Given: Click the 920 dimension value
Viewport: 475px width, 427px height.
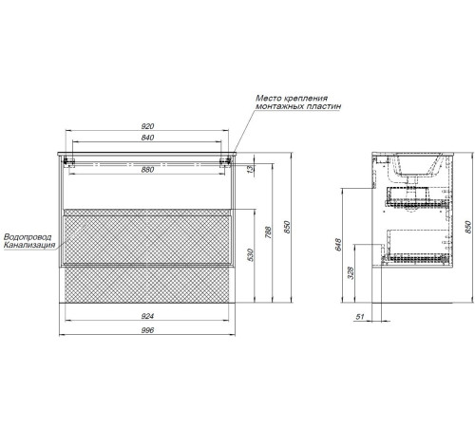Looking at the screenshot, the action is (x=147, y=126).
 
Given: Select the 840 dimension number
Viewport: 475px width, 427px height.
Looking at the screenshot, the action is (x=147, y=138).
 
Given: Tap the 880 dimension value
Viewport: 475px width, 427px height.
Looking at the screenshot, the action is (x=147, y=170).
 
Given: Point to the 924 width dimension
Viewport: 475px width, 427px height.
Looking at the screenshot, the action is (x=147, y=316).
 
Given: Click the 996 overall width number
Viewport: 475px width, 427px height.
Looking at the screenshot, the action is (x=147, y=330).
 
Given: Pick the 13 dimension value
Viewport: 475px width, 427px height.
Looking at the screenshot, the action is (x=251, y=169).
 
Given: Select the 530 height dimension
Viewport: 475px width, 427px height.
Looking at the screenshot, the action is (x=250, y=255).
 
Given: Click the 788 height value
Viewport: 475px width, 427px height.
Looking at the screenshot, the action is (x=268, y=232).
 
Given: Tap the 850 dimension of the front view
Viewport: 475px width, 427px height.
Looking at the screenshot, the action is (x=287, y=227).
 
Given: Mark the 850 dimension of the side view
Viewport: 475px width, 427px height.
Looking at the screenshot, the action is (x=468, y=227).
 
